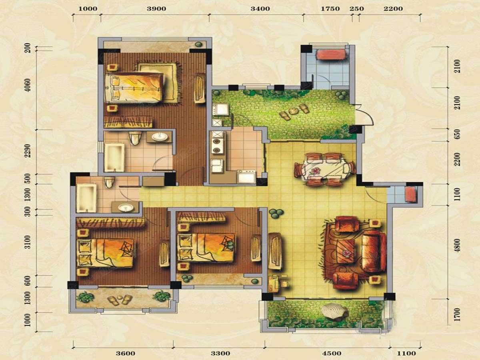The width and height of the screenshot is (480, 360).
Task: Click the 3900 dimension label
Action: click(156, 9)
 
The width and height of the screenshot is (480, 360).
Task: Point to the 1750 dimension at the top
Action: click(330, 9)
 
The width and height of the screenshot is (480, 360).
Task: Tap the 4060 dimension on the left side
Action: click(28, 85)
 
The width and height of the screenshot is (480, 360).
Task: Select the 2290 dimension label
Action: click(28, 151)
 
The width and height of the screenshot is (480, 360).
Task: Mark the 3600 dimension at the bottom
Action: click(126, 354)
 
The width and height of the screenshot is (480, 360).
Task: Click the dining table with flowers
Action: click(324, 169)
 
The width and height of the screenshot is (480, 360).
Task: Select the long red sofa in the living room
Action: click(374, 252)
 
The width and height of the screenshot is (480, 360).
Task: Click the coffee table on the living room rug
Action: click(346, 251)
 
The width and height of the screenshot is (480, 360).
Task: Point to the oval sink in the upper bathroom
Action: click(160, 137)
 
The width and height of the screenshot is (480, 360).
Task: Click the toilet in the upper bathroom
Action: click(135, 138)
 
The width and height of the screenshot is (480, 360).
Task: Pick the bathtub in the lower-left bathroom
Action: click(86, 198)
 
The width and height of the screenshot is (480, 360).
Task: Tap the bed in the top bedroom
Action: click(134, 88)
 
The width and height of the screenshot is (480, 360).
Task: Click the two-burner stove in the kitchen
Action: click(217, 146)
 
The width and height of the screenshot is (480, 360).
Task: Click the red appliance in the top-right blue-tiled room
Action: click(332, 54)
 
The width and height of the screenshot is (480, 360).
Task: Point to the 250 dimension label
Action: click(356, 9)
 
